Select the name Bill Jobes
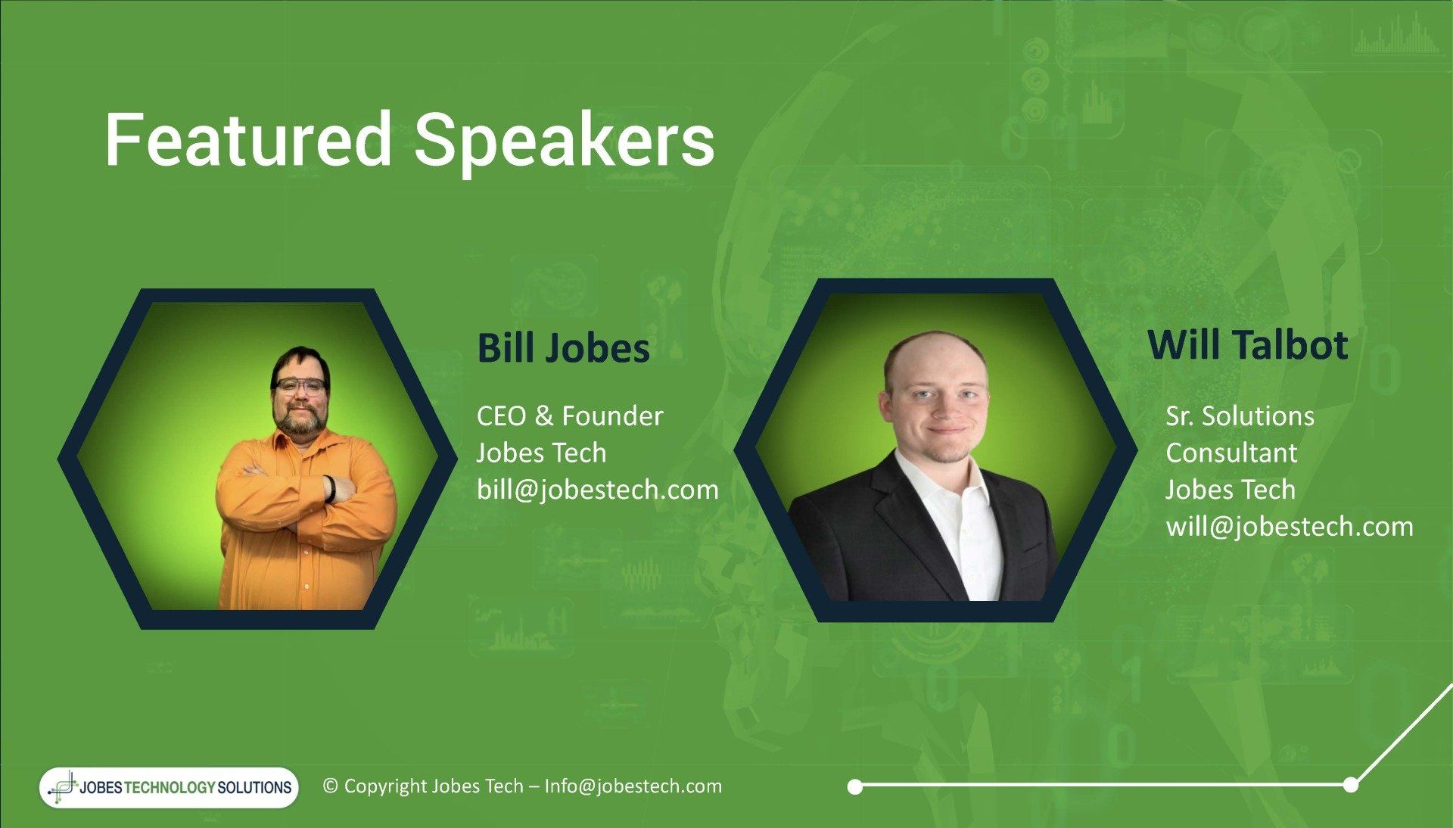[564, 348]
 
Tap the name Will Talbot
[1248, 344]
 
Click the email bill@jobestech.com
[598, 490]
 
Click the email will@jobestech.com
[1290, 526]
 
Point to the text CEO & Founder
[570, 416]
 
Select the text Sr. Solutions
[1240, 416]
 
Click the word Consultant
[1231, 453]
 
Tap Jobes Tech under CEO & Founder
[541, 453]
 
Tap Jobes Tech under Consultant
[1231, 489]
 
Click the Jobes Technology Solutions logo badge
[170, 787]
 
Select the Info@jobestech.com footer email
[633, 786]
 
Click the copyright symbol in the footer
[330, 786]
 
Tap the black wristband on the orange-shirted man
[330, 489]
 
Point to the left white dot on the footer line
[855, 787]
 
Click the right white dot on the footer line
[1351, 785]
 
